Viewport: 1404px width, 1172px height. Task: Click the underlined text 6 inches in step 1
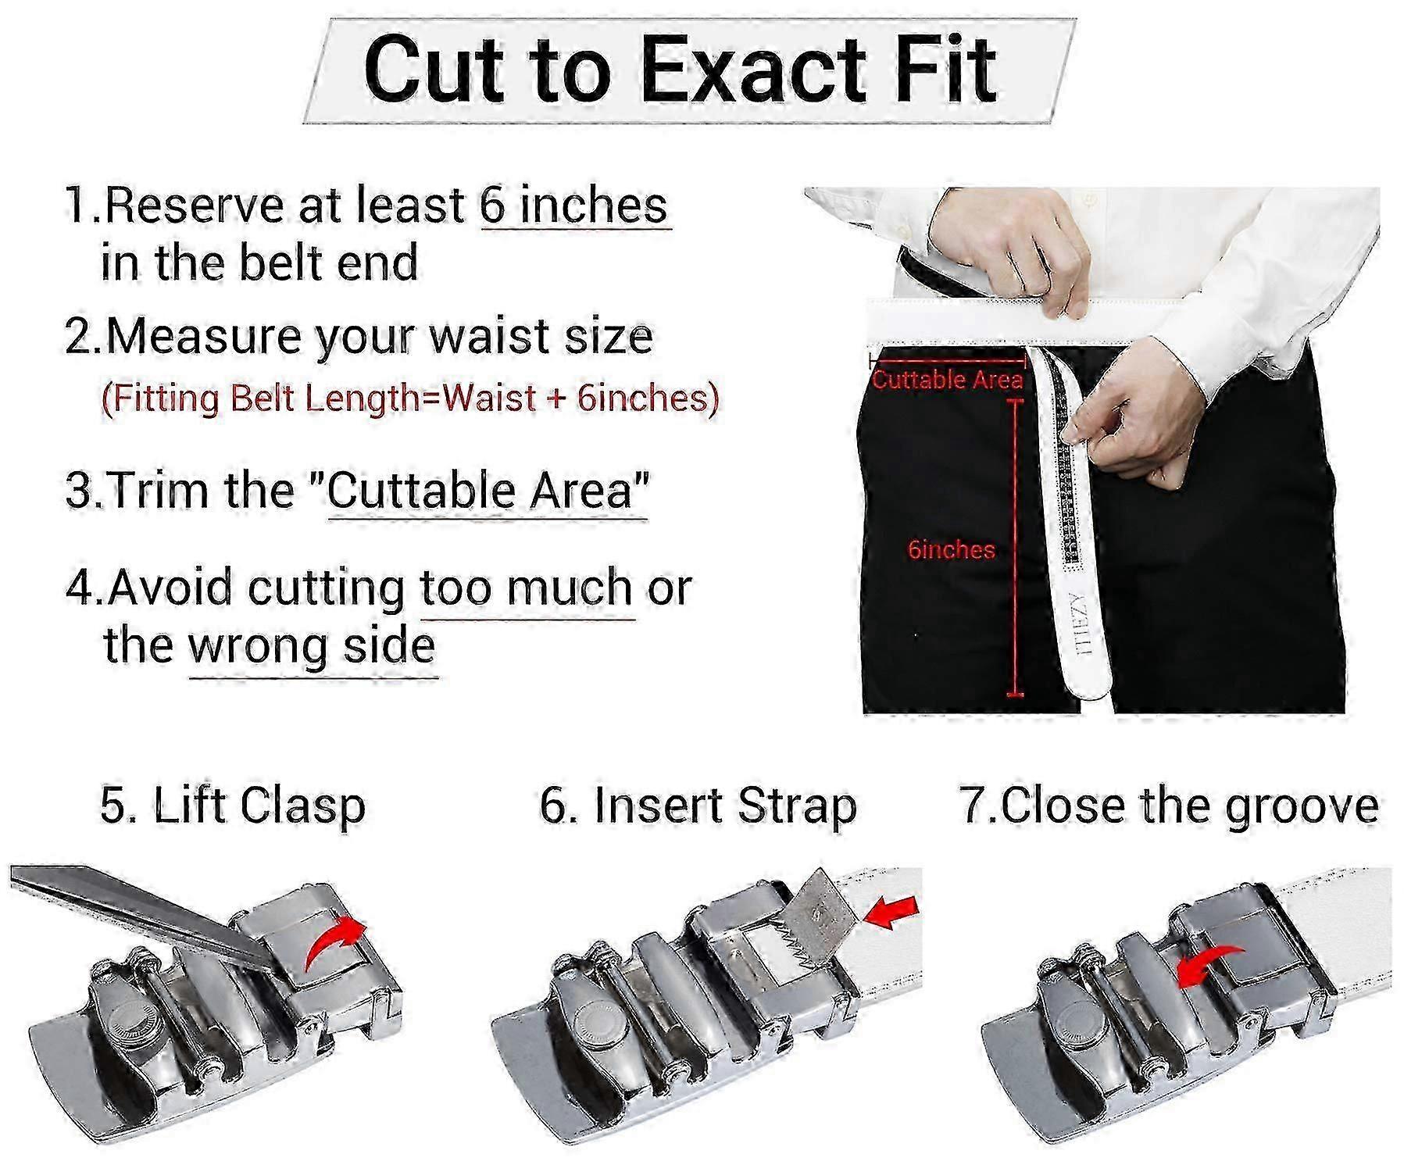coord(574,205)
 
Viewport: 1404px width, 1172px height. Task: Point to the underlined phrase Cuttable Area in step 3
coord(488,491)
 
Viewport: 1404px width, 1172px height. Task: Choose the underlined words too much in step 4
coord(527,588)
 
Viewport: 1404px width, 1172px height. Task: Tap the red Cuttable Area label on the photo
coord(948,380)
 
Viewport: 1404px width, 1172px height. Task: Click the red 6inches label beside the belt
coord(951,549)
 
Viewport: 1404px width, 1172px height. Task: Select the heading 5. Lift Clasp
coord(233,806)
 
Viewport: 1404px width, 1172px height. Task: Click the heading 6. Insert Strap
coord(698,806)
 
